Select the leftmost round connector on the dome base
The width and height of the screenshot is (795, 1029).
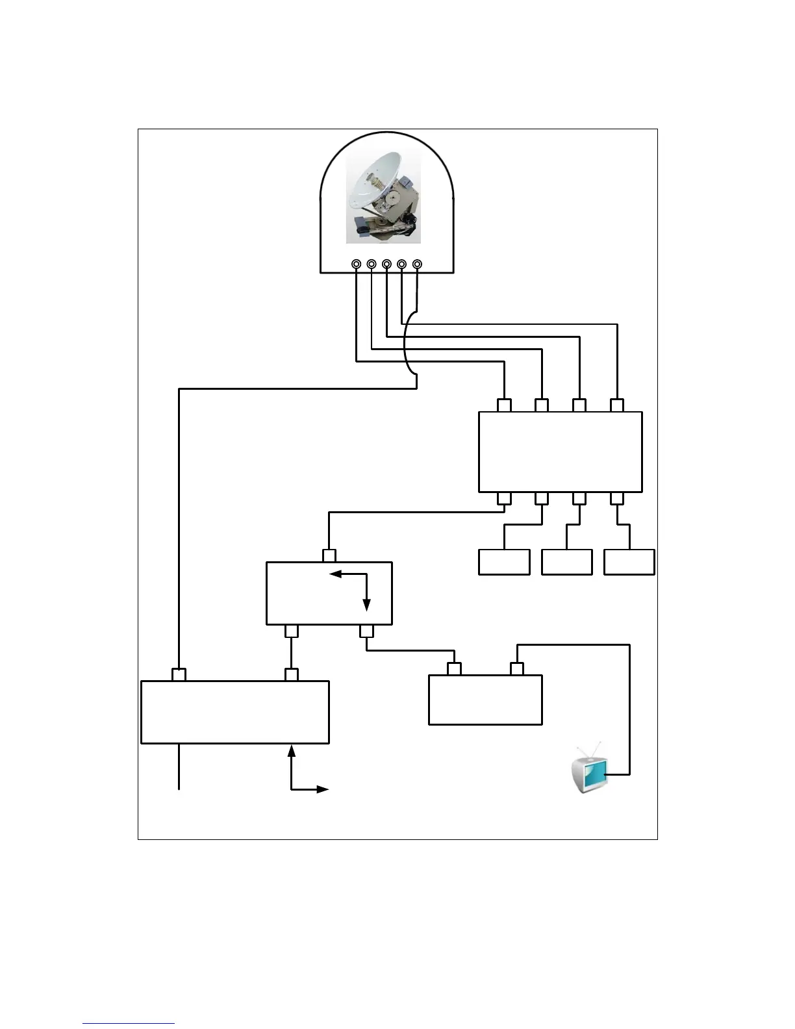click(x=357, y=264)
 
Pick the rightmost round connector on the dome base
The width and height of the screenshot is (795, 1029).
click(x=417, y=264)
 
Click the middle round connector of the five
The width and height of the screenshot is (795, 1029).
click(x=386, y=264)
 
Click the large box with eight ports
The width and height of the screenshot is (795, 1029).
click(x=560, y=451)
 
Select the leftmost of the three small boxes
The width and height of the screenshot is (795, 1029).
click(x=504, y=562)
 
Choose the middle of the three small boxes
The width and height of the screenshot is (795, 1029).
click(x=566, y=562)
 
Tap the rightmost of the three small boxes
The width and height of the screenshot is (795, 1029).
click(x=629, y=562)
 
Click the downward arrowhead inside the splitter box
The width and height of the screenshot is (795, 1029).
click(x=367, y=605)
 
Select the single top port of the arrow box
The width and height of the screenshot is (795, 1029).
click(x=329, y=556)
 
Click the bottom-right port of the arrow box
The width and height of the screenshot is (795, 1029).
click(x=367, y=631)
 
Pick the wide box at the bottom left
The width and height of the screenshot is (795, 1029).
click(x=234, y=711)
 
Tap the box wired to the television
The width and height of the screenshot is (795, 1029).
click(x=485, y=700)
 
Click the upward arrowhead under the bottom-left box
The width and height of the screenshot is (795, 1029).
click(x=291, y=751)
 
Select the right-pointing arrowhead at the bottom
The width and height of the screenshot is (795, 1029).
click(x=323, y=789)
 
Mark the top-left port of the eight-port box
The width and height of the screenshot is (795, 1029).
click(x=504, y=405)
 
